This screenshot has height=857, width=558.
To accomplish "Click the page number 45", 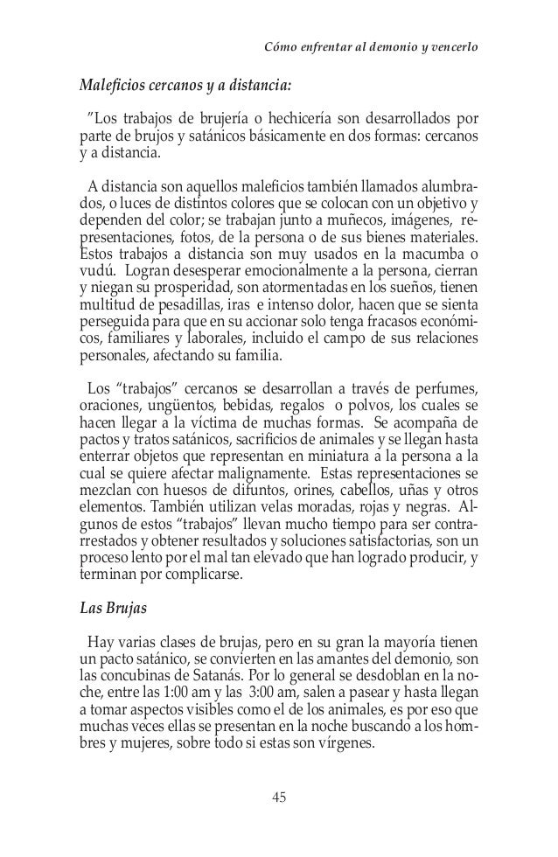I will [279, 797].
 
